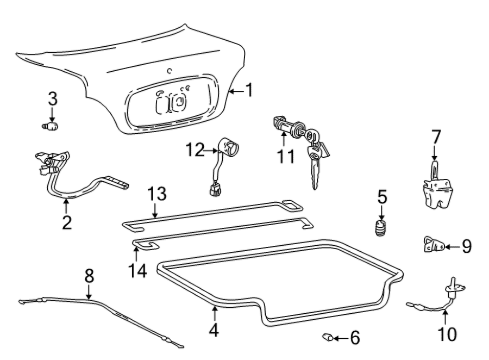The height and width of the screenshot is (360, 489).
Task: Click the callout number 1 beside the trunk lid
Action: click(249, 90)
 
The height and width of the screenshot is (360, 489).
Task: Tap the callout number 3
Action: click(52, 98)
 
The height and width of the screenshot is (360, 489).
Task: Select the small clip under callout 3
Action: click(51, 126)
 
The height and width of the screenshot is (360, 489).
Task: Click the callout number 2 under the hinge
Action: click(67, 222)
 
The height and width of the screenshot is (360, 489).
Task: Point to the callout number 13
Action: click(157, 194)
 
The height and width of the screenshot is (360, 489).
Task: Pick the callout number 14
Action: click(138, 270)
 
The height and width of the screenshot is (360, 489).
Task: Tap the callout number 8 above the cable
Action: click(89, 276)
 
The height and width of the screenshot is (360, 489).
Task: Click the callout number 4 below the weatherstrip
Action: click(214, 330)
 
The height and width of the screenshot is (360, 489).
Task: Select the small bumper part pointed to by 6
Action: click(328, 337)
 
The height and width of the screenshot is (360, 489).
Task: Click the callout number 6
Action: click(355, 338)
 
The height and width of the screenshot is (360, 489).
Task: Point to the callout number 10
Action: click(448, 333)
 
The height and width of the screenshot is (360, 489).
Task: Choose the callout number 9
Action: click(467, 246)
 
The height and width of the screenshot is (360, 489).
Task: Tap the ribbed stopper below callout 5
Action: click(380, 228)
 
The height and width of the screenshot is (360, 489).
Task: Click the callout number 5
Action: click(383, 197)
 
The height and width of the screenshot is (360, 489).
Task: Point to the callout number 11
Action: click(286, 156)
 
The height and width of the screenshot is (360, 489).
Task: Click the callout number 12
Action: click(195, 150)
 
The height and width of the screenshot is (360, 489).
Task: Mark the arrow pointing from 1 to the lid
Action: click(236, 91)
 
